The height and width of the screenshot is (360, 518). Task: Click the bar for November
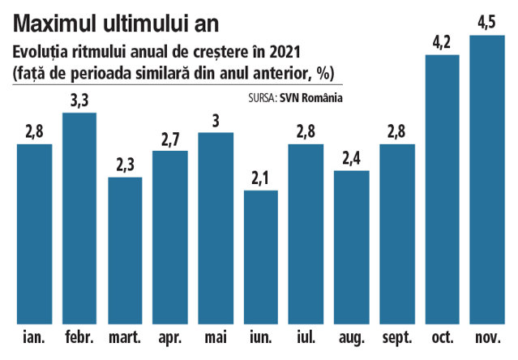coord(487,179)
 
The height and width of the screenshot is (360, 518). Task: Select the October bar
coord(443,189)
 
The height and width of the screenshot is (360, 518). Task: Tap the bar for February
coord(79,218)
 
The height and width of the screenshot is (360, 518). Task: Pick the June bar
coord(261,257)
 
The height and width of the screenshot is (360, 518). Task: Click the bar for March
coord(125,251)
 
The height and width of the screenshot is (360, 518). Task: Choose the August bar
coord(352,247)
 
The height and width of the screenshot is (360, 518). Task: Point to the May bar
coord(216,228)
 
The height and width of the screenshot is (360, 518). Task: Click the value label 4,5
coord(487,23)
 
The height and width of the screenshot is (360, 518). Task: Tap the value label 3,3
coord(79,101)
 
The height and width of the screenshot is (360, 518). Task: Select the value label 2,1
coord(260,178)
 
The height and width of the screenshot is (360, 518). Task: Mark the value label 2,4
coord(352,159)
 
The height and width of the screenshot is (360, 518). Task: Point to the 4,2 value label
coord(442,43)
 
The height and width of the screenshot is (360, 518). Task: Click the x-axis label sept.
coord(397,338)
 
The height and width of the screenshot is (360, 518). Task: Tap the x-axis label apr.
coord(170,338)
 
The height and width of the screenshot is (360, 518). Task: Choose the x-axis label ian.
coord(34,337)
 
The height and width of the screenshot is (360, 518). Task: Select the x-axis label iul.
coord(306,337)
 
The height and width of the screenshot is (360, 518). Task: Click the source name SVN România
coord(311,98)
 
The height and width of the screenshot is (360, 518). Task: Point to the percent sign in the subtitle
coord(323,73)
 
